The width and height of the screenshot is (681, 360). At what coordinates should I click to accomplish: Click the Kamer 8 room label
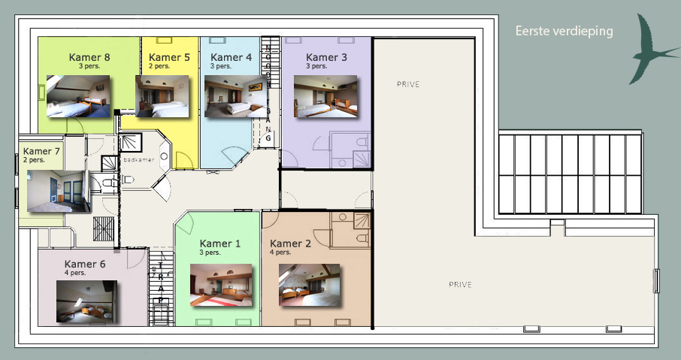point(89,57)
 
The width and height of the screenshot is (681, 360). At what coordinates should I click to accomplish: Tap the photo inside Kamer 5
point(162,96)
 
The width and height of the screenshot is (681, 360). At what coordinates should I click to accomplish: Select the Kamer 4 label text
point(231,57)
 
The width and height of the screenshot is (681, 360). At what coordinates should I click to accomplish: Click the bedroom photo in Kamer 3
point(325,96)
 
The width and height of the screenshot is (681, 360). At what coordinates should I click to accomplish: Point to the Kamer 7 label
point(41,151)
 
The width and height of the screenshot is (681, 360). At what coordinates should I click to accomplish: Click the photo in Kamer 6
point(86,301)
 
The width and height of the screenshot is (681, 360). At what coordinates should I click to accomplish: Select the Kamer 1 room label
point(219,244)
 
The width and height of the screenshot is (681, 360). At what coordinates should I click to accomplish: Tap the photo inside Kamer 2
point(309,285)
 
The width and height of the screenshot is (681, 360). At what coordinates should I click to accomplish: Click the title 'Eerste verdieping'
point(564,32)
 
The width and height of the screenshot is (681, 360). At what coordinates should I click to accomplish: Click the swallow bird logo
point(652,50)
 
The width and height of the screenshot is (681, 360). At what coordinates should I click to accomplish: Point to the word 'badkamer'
point(139,160)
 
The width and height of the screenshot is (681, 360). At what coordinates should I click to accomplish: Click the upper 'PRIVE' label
point(408,84)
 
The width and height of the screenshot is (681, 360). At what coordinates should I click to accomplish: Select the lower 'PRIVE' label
point(460,284)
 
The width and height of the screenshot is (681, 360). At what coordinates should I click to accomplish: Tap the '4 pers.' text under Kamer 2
point(280,253)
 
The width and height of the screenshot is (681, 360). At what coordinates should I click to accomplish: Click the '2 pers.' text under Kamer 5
point(159,66)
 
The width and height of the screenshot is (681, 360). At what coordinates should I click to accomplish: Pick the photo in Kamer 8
point(77,96)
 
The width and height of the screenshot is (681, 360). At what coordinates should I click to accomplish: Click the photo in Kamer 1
point(221,285)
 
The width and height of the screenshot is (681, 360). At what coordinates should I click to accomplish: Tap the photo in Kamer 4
point(235,96)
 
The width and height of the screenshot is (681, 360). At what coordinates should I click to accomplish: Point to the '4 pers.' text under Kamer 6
point(74,273)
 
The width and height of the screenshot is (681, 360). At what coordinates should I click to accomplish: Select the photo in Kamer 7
point(59,191)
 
